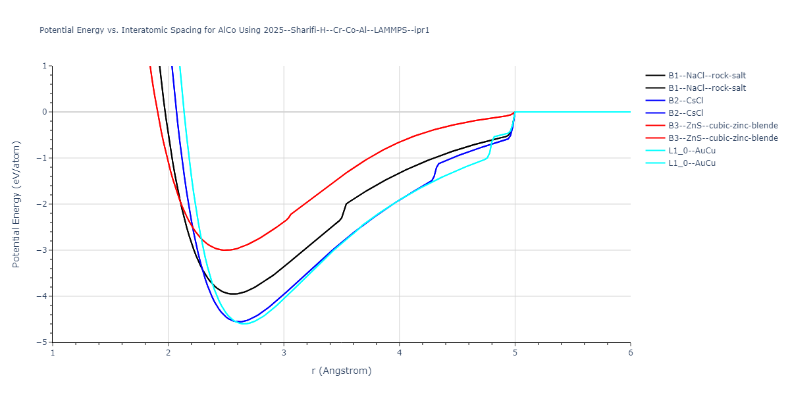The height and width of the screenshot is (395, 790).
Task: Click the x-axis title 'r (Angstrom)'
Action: tap(341, 371)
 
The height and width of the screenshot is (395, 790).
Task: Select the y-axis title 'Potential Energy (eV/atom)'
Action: tap(16, 204)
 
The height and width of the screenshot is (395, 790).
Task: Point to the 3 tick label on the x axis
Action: tap(284, 352)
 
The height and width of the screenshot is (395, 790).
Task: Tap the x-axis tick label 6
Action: tap(630, 352)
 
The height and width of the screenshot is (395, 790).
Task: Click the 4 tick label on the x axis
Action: tap(400, 352)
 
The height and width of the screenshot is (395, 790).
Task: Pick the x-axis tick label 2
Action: tap(168, 352)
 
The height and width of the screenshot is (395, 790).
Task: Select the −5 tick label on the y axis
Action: tap(43, 342)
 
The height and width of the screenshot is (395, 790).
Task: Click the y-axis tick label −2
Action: tap(43, 204)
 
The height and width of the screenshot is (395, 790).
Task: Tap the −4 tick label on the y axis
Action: tap(43, 296)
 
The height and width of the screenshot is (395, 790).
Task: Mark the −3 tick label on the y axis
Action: tap(43, 250)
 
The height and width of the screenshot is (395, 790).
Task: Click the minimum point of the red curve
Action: tap(225, 250)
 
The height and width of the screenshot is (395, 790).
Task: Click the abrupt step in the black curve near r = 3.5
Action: tap(344, 211)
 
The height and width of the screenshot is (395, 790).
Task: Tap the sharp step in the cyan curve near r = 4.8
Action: tap(490, 146)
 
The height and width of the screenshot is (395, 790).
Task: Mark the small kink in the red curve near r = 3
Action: tap(290, 215)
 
